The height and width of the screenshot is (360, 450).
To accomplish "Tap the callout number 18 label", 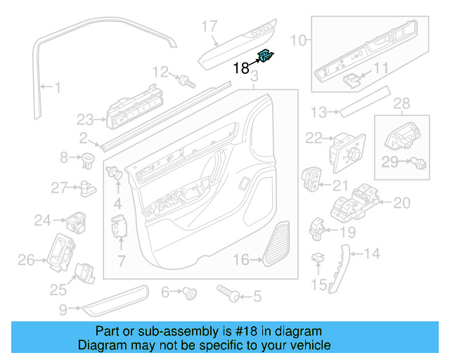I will coord(240,68).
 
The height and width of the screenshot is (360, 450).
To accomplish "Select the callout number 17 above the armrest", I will coord(210,27).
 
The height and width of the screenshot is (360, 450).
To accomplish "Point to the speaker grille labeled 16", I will coord(278,243).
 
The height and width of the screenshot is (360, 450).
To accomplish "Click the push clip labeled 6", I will coord(189,293).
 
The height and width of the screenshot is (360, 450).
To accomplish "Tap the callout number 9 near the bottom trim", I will coord(63,308).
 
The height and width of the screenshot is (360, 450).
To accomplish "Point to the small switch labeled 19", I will coord(317,227).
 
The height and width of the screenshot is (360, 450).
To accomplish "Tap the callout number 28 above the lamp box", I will coord(401,105).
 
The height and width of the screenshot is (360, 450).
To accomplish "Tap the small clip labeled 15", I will coord(317,260).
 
